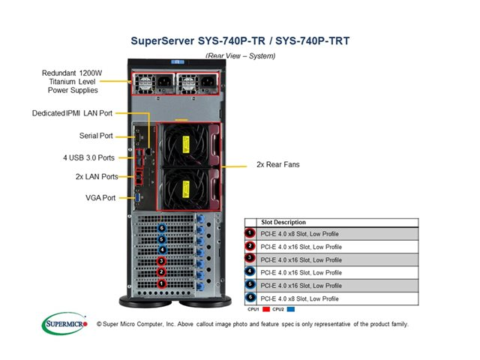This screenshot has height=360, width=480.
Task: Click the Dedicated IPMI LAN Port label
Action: (73, 114)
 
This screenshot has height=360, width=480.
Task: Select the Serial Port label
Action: (96, 136)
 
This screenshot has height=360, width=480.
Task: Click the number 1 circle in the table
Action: (250, 233)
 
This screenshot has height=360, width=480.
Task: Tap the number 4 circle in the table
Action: (250, 272)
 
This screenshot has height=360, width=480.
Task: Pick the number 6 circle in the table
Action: (250, 298)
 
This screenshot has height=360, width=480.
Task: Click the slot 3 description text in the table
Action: (301, 259)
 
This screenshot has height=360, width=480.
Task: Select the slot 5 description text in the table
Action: (301, 286)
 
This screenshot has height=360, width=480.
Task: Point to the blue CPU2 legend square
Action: (289, 308)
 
